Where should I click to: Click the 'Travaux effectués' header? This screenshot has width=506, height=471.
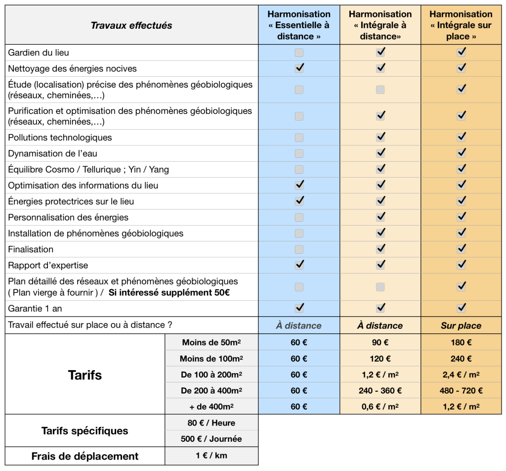click(131, 25)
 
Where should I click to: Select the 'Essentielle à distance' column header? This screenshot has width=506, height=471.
click(299, 25)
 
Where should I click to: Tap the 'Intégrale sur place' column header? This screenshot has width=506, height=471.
click(461, 25)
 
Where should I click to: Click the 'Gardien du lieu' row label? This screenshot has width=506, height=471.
click(39, 52)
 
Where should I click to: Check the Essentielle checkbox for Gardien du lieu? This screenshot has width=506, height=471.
click(299, 52)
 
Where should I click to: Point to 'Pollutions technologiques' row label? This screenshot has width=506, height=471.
click(60, 138)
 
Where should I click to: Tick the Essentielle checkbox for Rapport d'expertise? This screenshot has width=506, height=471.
click(299, 265)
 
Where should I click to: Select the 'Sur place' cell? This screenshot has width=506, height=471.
click(461, 326)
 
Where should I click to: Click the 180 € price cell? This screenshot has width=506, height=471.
click(461, 342)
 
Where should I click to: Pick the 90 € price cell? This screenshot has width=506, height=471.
click(380, 342)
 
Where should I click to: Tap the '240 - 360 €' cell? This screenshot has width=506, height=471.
click(380, 390)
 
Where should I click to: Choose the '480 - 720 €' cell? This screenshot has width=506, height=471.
click(461, 390)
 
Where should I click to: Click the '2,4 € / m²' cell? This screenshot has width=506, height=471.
click(461, 375)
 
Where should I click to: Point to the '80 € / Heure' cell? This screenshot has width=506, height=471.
click(211, 423)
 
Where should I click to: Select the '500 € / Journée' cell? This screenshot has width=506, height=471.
click(211, 439)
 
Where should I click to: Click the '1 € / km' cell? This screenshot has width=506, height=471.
click(211, 456)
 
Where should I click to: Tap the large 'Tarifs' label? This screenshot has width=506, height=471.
click(84, 375)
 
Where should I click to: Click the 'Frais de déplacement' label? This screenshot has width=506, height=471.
click(85, 456)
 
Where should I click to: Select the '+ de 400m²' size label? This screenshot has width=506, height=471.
click(211, 407)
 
